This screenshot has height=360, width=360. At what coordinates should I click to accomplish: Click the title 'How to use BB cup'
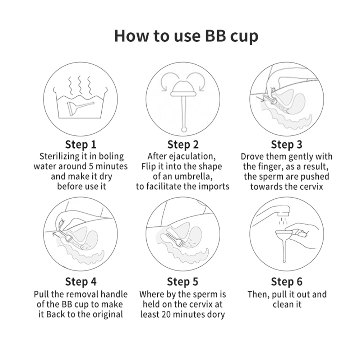186,36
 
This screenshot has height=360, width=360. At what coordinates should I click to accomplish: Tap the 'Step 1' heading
80,145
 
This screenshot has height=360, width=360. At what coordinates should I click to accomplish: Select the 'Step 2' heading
183,145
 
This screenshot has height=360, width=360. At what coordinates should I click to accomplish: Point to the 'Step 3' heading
287,145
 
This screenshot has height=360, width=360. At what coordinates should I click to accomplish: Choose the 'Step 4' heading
80,282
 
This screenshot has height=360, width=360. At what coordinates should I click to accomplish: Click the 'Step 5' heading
183,282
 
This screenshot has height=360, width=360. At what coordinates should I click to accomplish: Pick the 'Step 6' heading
287,282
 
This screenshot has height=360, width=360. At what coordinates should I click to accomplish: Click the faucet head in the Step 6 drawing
283,210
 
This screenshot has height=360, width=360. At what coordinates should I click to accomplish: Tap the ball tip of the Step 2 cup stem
184,129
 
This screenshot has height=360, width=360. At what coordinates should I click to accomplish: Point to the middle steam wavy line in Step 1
80,84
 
